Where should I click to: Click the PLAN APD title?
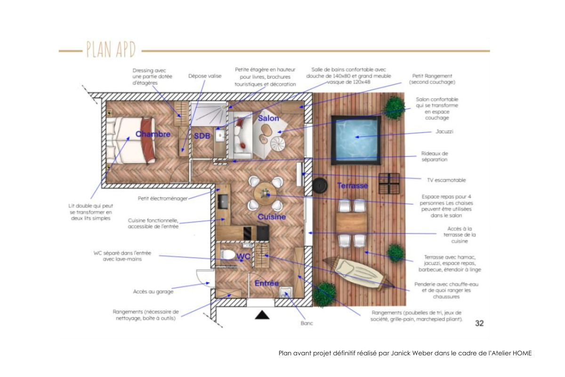(111, 49)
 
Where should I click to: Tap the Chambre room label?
(153, 134)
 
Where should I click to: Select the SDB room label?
(202, 136)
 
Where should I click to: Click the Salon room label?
(268, 118)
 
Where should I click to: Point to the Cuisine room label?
(272, 217)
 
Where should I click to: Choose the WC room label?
(243, 256)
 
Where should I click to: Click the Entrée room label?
(266, 283)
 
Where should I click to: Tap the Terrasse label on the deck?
(352, 186)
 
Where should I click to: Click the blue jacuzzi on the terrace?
(356, 140)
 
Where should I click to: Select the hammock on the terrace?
(358, 274)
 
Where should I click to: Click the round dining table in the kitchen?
(265, 194)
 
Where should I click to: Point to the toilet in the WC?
(227, 254)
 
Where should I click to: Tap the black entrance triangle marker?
(262, 315)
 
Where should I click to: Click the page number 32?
(479, 323)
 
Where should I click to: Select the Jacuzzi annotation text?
(444, 131)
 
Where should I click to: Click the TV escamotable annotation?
(446, 180)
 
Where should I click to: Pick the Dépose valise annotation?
(205, 76)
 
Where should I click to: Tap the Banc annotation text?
(307, 323)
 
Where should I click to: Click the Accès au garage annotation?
(153, 292)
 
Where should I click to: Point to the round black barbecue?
(320, 186)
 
